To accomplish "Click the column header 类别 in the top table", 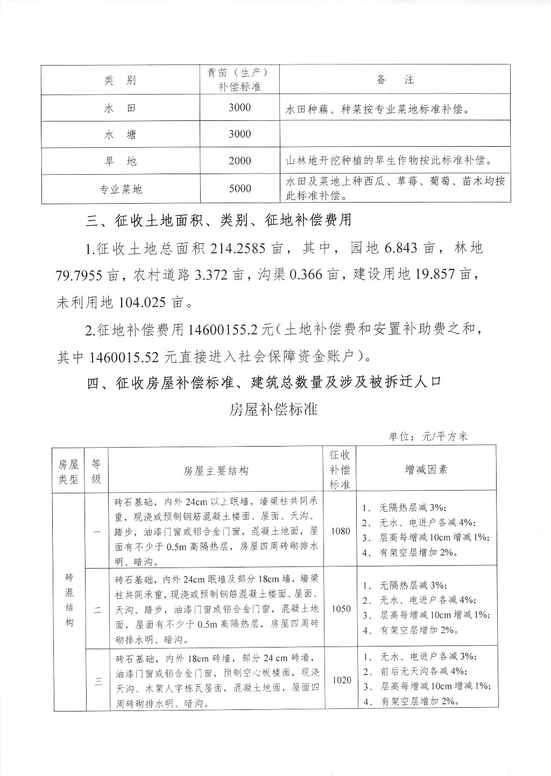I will [120, 81].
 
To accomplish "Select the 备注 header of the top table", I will [395, 80].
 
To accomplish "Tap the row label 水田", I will [120, 108].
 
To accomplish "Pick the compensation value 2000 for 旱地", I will [239, 161].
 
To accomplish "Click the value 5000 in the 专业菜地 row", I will [239, 188].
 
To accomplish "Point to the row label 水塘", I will [120, 134].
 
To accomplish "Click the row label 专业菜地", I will [120, 189].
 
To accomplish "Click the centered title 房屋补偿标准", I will [273, 409].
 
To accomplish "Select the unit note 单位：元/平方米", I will [428, 436].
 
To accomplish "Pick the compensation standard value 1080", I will [341, 531].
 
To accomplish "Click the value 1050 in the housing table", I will [341, 608].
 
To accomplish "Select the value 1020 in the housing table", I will [342, 680].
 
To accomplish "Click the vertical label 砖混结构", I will [69, 600].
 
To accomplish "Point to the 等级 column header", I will [96, 471].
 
